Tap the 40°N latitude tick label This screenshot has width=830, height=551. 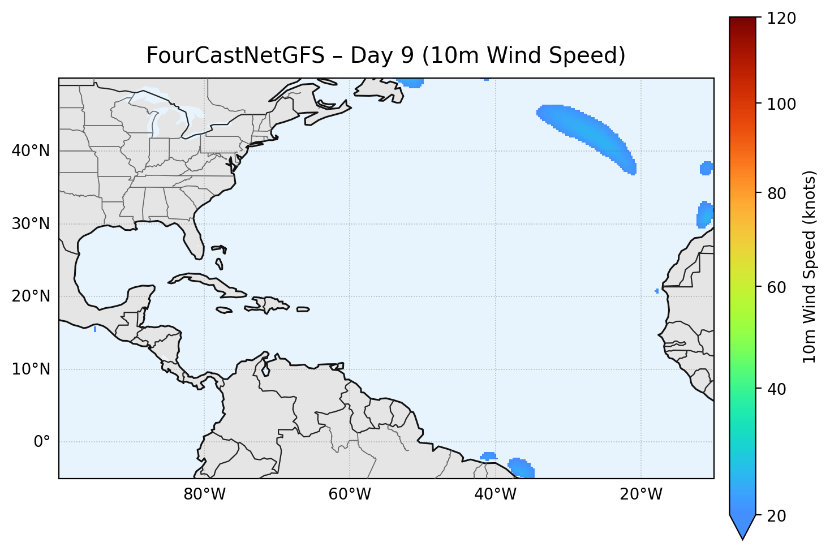(x=31, y=151)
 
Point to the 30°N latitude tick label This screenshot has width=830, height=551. (x=31, y=224)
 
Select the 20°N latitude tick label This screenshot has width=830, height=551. (x=31, y=296)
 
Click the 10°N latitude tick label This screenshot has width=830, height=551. (x=31, y=369)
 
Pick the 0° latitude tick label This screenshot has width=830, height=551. (x=42, y=442)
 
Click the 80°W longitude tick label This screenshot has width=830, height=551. (x=204, y=494)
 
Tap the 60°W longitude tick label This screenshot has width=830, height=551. (x=350, y=494)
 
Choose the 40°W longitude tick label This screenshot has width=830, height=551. (x=495, y=494)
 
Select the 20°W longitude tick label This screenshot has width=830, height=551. (x=640, y=494)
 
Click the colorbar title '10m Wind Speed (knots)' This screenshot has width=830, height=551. (x=810, y=267)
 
